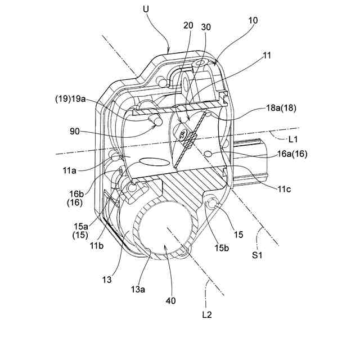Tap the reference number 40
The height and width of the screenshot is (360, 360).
[169, 300]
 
